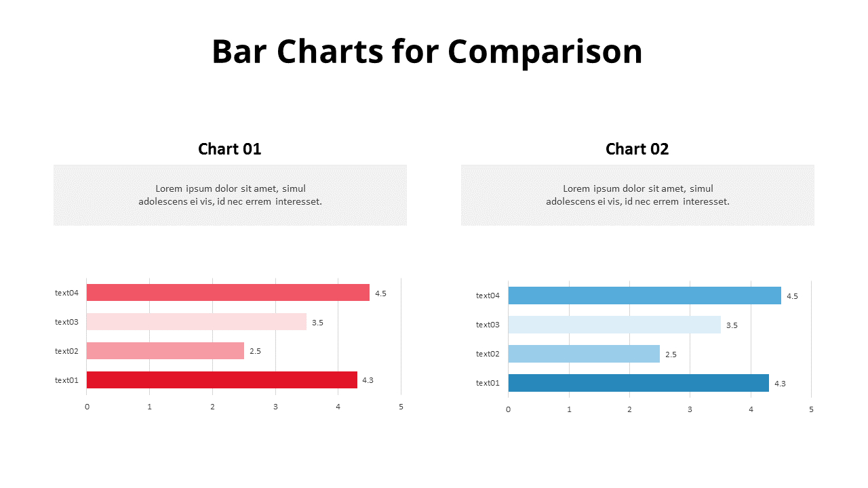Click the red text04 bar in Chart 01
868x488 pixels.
[x=228, y=293]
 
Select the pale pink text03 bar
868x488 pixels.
[x=197, y=322]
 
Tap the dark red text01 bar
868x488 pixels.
[x=222, y=380]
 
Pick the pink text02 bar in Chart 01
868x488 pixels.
[x=165, y=351]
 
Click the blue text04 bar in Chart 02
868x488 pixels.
[x=644, y=296]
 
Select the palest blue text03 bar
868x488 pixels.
[x=614, y=325]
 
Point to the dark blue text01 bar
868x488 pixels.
[x=638, y=383]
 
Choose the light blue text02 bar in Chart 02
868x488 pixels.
[x=584, y=354]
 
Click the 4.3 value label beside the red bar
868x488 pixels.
[x=368, y=380]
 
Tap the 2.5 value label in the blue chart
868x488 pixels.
[x=671, y=354]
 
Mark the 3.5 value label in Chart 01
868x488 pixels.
[x=317, y=323]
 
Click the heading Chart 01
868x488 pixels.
[x=229, y=149]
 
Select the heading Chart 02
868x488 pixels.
[x=637, y=149]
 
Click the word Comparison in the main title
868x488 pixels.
[x=545, y=52]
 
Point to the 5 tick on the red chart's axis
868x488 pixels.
[x=401, y=407]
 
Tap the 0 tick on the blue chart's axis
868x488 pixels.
[x=508, y=409]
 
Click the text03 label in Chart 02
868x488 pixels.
[x=488, y=325]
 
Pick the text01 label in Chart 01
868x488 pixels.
[x=66, y=380]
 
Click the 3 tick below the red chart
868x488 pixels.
[x=275, y=407]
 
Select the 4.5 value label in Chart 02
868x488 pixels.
[x=792, y=296]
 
